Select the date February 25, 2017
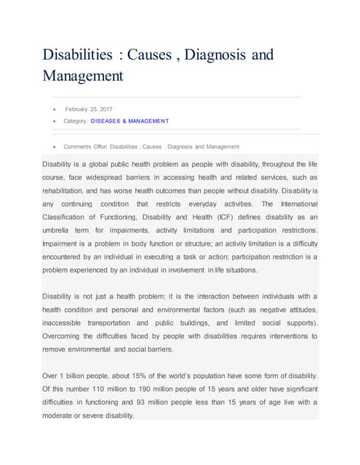point(89,109)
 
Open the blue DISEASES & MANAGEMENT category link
point(129,121)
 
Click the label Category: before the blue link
point(76,121)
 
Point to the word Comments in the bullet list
point(77,146)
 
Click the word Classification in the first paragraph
point(68,217)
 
